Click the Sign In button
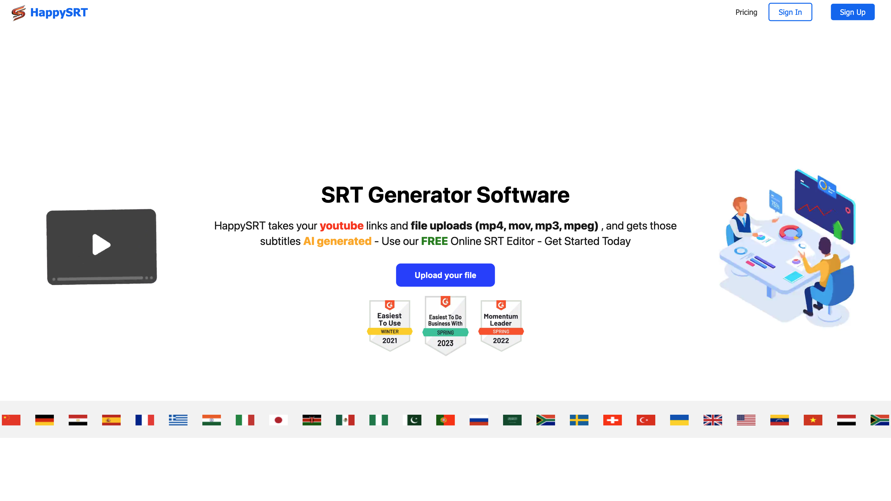point(790,12)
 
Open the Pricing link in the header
point(746,12)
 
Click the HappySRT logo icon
point(18,13)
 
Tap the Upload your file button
point(445,275)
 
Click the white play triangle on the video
point(101,244)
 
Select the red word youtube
point(341,225)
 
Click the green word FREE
point(434,241)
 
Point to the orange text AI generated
point(337,241)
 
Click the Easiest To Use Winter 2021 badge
point(390,325)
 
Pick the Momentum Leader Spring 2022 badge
point(501,325)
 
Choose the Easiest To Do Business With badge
point(445,325)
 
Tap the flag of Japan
point(278,420)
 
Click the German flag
point(45,420)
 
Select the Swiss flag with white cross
point(613,420)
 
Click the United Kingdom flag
point(713,420)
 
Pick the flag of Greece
point(178,420)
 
